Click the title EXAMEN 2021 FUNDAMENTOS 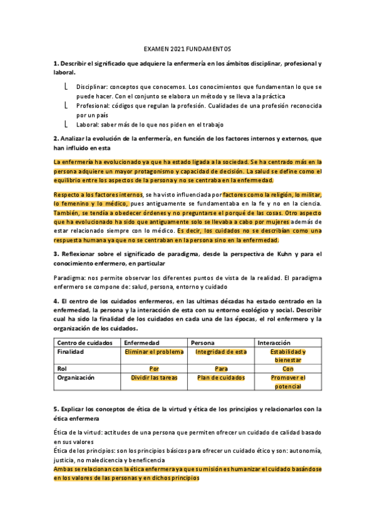(x=187, y=49)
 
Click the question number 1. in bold (x=56, y=64)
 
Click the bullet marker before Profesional (x=66, y=106)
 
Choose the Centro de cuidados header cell (x=85, y=343)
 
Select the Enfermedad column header (x=141, y=343)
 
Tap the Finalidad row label (x=71, y=352)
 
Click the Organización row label (x=76, y=378)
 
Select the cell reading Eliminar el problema (x=154, y=352)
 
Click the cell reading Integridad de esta (x=221, y=352)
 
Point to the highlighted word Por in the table (x=154, y=369)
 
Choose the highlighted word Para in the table (x=221, y=369)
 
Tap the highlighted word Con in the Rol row (x=288, y=369)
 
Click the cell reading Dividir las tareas (x=154, y=378)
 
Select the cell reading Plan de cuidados (x=221, y=378)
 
